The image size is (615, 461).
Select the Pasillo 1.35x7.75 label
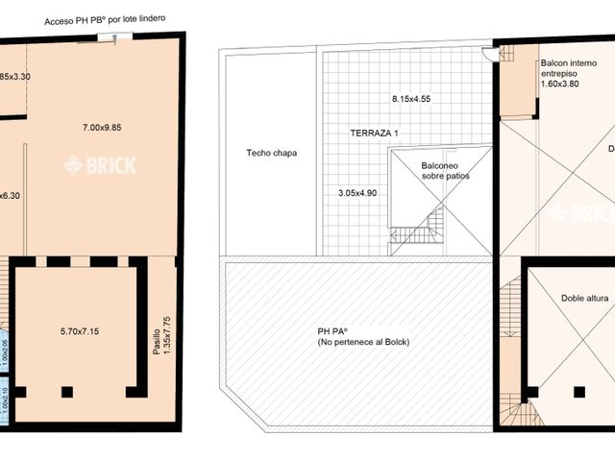pyautogui.click(x=162, y=337)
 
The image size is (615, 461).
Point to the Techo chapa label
pyautogui.click(x=270, y=153)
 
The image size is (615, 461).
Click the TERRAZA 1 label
pyautogui.click(x=373, y=133)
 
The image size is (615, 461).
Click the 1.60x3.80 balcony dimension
pyautogui.click(x=562, y=83)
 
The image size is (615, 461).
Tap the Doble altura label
pyautogui.click(x=584, y=299)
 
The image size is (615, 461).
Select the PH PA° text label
pyautogui.click(x=332, y=331)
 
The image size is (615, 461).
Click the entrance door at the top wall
pyautogui.click(x=114, y=37)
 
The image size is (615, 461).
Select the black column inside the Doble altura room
pyautogui.click(x=578, y=391)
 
